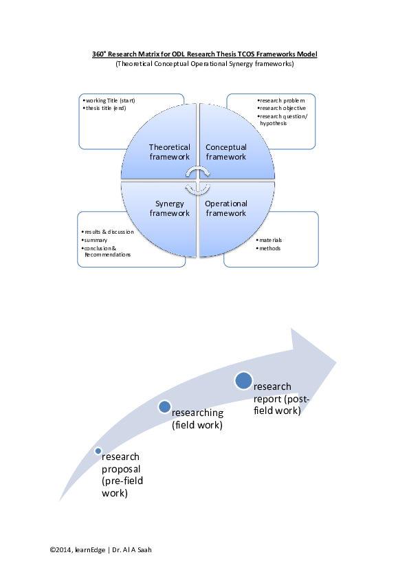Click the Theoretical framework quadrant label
point(169,152)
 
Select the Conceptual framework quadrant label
point(226,152)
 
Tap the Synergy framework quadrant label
point(169,208)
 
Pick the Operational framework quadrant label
point(226,208)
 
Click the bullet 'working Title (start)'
point(109,100)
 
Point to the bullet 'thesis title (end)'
point(104,108)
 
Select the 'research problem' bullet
point(281,100)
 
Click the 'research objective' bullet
point(282,108)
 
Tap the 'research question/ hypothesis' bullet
point(283,120)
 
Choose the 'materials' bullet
point(269,240)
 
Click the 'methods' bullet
point(268,248)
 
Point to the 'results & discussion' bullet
point(107,232)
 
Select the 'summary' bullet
point(94,240)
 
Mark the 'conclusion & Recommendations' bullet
point(106,252)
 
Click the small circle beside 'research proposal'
point(98,451)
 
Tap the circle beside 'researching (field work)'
point(164,406)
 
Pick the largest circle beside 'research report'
point(243,381)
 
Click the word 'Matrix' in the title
point(148,54)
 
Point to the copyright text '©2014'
point(61,550)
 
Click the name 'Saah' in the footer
point(145,550)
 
